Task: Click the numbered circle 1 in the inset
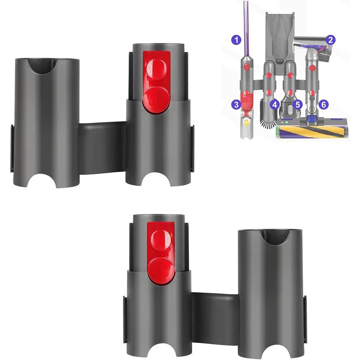point(236,40)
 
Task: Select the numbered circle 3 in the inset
point(236,105)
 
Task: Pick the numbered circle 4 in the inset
point(275,105)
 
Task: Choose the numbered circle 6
point(324,104)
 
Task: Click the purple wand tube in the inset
point(246,25)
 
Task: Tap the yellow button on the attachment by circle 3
point(246,122)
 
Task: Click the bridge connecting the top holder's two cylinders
point(102,148)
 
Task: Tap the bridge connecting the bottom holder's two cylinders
point(215,317)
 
